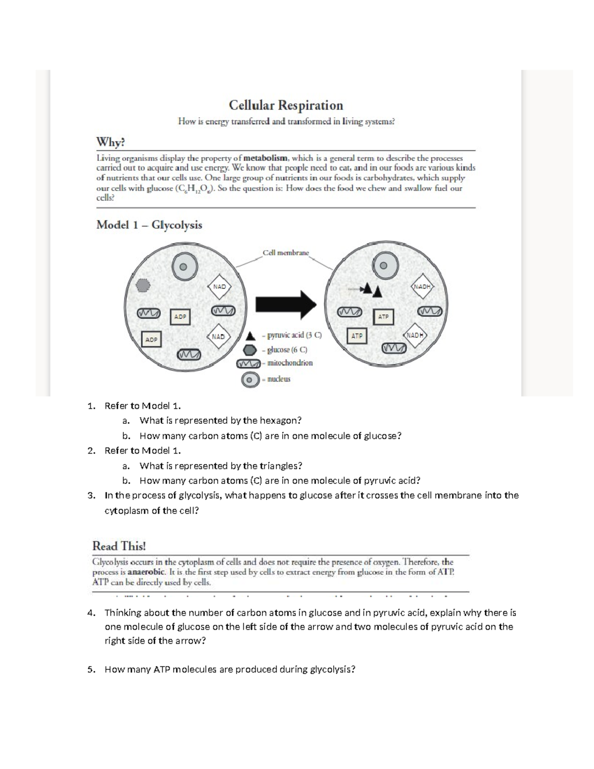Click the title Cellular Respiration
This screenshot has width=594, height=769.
pyautogui.click(x=286, y=105)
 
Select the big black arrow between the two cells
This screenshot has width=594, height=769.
pyautogui.click(x=286, y=305)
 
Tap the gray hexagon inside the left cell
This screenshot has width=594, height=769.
pyautogui.click(x=143, y=285)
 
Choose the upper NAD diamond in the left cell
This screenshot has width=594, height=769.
pyautogui.click(x=219, y=287)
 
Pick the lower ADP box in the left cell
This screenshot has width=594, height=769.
pyautogui.click(x=151, y=339)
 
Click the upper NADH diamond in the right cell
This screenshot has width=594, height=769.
pyautogui.click(x=422, y=287)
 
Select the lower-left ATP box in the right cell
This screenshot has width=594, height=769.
pyautogui.click(x=357, y=336)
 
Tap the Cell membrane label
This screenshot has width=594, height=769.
pyautogui.click(x=286, y=253)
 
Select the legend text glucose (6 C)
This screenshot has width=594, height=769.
pyautogui.click(x=287, y=349)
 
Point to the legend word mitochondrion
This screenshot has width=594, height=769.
pyautogui.click(x=290, y=363)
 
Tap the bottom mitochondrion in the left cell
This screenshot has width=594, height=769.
pyautogui.click(x=189, y=355)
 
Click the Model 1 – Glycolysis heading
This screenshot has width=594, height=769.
pyautogui.click(x=149, y=225)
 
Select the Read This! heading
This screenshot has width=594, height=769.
pyautogui.click(x=119, y=546)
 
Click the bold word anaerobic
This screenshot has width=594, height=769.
pyautogui.click(x=146, y=572)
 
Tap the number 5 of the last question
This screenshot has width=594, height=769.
pyautogui.click(x=90, y=669)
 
